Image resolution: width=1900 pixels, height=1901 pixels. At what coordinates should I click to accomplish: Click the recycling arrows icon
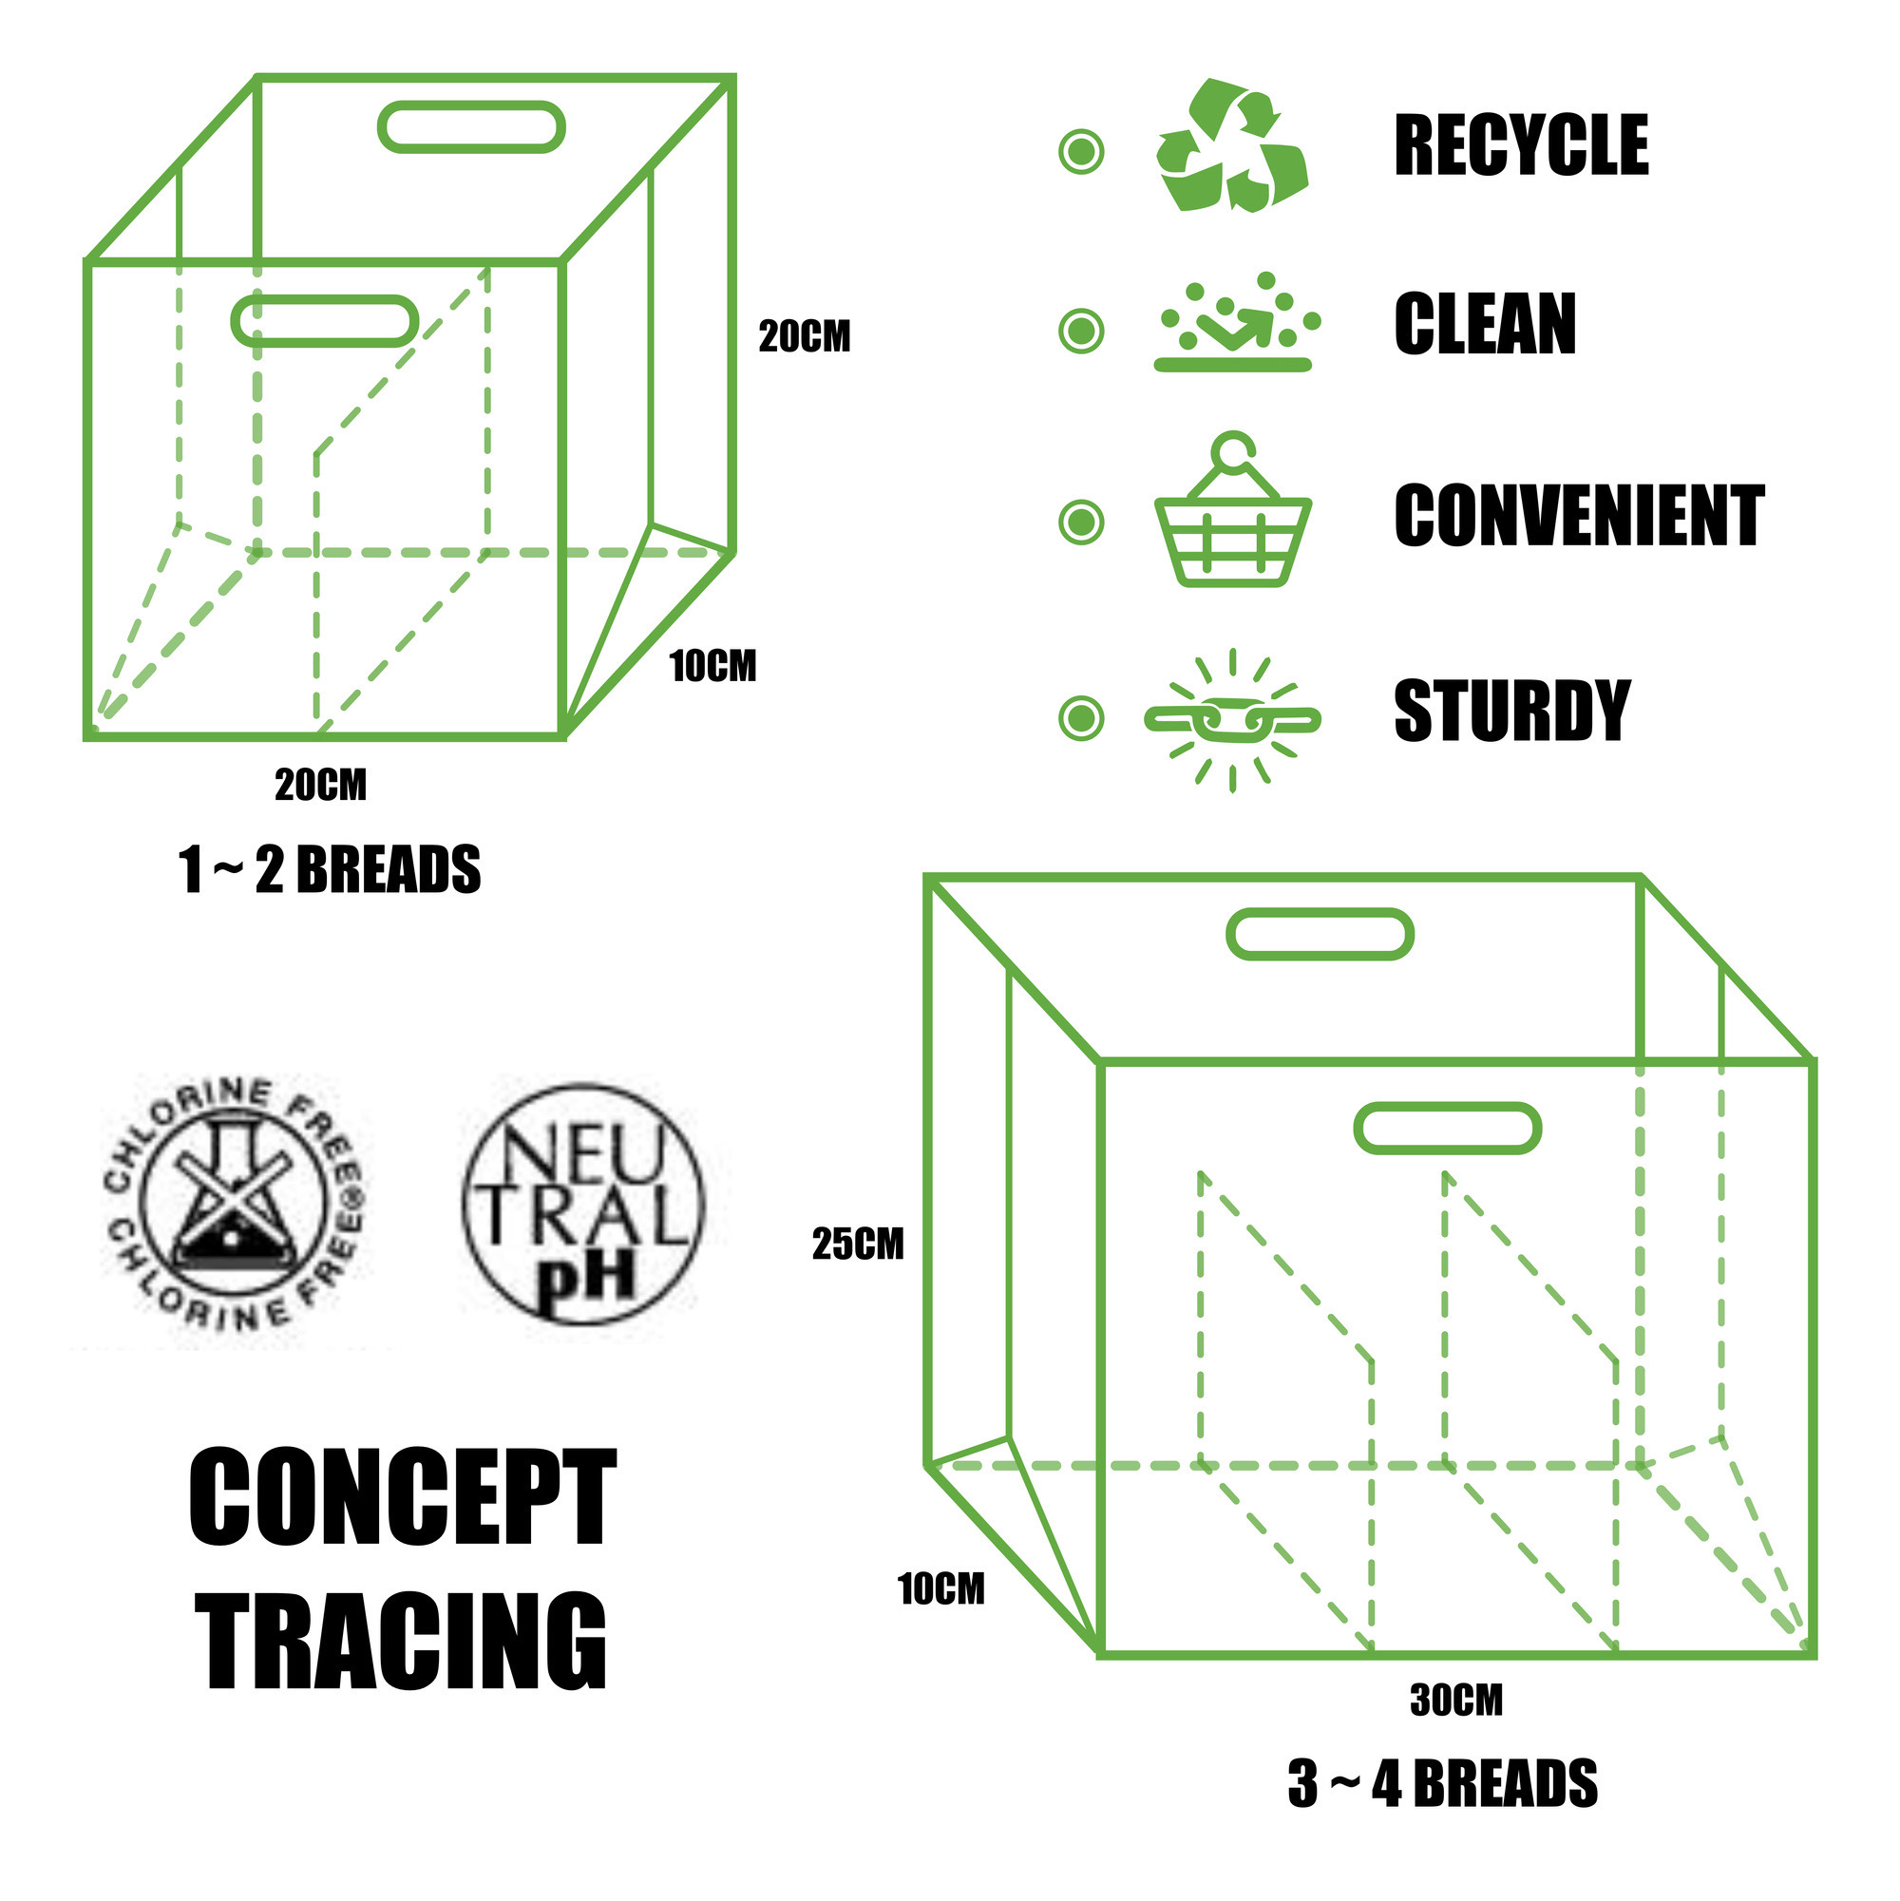point(1231,144)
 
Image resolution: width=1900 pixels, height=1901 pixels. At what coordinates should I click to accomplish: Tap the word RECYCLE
point(1520,145)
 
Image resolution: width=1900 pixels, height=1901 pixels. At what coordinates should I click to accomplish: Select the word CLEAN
point(1484,324)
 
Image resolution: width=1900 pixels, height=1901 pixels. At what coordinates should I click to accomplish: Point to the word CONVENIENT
point(1578,516)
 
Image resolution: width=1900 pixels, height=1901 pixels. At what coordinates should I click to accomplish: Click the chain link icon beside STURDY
point(1232,720)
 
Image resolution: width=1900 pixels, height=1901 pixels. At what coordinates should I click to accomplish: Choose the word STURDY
point(1511,711)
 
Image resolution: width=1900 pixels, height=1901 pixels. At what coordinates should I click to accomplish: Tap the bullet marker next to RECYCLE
point(1080,152)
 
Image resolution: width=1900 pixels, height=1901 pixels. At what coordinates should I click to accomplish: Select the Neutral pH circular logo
point(582,1204)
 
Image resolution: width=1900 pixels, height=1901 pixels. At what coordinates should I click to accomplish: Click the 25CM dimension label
point(857,1245)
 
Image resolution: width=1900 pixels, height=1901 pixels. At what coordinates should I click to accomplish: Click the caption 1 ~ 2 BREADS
point(330,871)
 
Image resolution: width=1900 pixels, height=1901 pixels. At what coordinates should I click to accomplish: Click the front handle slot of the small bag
point(325,321)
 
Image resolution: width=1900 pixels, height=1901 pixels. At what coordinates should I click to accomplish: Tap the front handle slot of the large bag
point(1447,1129)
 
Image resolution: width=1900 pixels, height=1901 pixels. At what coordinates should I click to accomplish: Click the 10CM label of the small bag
point(712,667)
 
